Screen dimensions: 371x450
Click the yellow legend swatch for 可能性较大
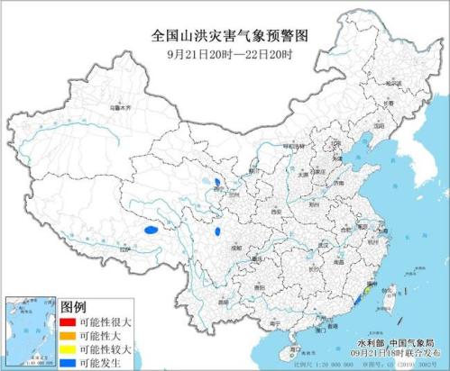pyautogui.click(x=65, y=348)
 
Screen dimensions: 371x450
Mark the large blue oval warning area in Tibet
pyautogui.click(x=151, y=231)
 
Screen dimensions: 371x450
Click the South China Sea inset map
pyautogui.click(x=26, y=330)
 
